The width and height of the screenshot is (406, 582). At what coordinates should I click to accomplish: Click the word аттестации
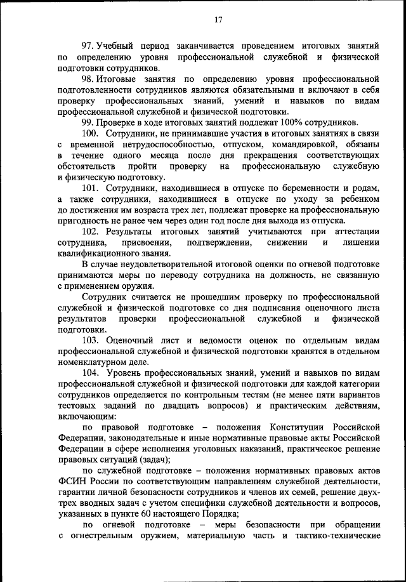pyautogui.click(x=354, y=232)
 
